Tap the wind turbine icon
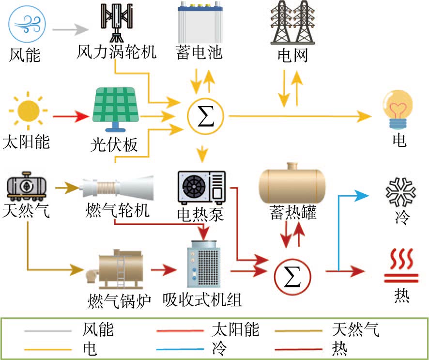click(x=116, y=22)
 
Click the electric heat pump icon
click(x=201, y=187)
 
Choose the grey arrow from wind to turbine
click(x=67, y=31)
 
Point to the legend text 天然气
click(x=355, y=330)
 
